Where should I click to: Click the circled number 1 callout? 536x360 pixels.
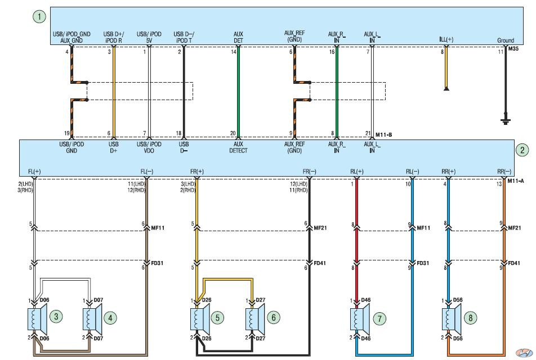pyautogui.click(x=39, y=17)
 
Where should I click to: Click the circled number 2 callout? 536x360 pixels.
pyautogui.click(x=522, y=150)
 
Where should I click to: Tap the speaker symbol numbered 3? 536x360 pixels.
pyautogui.click(x=37, y=319)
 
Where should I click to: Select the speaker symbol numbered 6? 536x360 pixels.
pyautogui.click(x=256, y=319)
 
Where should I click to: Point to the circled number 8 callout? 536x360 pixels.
pyautogui.click(x=470, y=318)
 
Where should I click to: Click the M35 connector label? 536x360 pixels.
pyautogui.click(x=513, y=49)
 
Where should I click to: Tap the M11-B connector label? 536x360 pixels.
pyautogui.click(x=384, y=134)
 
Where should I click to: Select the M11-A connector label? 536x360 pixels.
pyautogui.click(x=516, y=181)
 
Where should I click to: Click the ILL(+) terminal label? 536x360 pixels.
pyautogui.click(x=446, y=39)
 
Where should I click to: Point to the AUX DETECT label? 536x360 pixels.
pyautogui.click(x=238, y=147)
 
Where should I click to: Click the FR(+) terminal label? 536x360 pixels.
pyautogui.click(x=197, y=172)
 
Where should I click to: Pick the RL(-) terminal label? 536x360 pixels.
pyautogui.click(x=412, y=172)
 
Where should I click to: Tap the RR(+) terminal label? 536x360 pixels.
pyautogui.click(x=448, y=172)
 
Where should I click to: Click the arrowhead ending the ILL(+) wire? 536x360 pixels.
pyautogui.click(x=446, y=89)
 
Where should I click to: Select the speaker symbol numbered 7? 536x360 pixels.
pyautogui.click(x=360, y=319)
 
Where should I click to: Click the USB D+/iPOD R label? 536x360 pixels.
pyautogui.click(x=114, y=37)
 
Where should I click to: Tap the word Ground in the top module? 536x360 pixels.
pyautogui.click(x=506, y=40)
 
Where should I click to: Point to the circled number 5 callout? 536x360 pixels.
pyautogui.click(x=217, y=318)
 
